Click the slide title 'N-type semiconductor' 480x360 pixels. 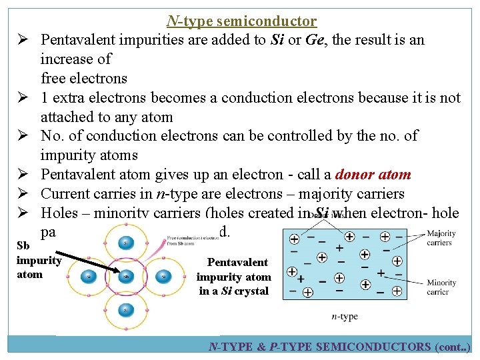point(241,21)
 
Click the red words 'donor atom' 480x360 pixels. point(373,175)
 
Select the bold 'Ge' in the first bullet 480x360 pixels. point(315,40)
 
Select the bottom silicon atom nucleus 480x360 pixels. point(125,309)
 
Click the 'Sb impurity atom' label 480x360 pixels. point(38,260)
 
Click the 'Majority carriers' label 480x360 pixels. point(440,237)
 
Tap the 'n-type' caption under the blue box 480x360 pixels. point(344,316)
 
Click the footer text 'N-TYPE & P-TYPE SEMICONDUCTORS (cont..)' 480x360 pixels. point(339,347)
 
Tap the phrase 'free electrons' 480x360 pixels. point(83,78)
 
